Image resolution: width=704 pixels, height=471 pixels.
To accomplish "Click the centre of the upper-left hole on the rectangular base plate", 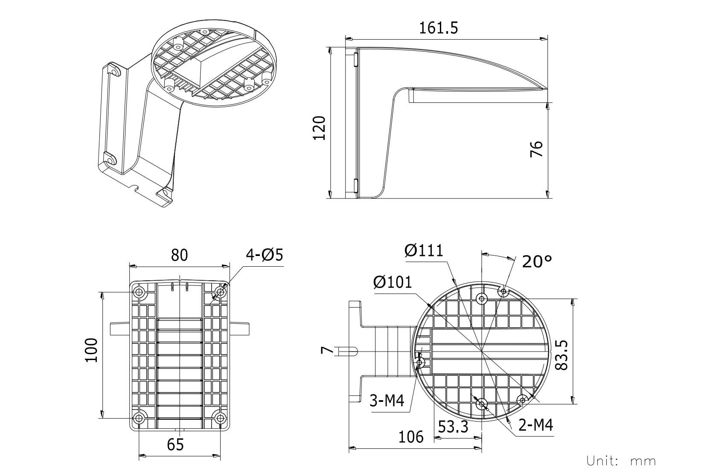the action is pyautogui.click(x=139, y=293).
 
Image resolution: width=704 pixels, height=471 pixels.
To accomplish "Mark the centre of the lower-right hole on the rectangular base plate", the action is pyautogui.click(x=220, y=418).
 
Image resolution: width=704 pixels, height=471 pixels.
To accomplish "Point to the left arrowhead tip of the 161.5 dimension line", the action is pyautogui.click(x=346, y=39).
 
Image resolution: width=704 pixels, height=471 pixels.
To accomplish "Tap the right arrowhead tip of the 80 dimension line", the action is pyautogui.click(x=230, y=267).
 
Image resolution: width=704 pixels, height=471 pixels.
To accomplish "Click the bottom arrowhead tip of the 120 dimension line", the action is pyautogui.click(x=330, y=198).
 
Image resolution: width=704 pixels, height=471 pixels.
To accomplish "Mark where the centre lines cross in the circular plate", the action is pyautogui.click(x=481, y=351).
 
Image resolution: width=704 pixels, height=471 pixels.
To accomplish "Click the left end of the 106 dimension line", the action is pyautogui.click(x=349, y=448).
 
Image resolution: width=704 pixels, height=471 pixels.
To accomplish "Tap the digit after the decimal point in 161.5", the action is pyautogui.click(x=454, y=28).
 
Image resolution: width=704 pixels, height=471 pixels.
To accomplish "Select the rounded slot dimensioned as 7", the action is pyautogui.click(x=348, y=351).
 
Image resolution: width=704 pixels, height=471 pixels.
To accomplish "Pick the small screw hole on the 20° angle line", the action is pyautogui.click(x=503, y=291).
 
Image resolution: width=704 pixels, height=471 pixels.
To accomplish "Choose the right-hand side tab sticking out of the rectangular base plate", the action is pyautogui.click(x=239, y=329).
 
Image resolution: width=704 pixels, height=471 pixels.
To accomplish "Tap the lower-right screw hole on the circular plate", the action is pyautogui.click(x=522, y=400).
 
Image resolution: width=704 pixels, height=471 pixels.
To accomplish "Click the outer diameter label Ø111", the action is pyautogui.click(x=424, y=250).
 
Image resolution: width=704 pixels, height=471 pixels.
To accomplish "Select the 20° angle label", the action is pyautogui.click(x=537, y=262).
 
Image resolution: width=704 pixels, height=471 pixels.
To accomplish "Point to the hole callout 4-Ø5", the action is pyautogui.click(x=264, y=255).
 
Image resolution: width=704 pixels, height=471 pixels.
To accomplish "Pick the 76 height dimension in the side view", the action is pyautogui.click(x=536, y=149).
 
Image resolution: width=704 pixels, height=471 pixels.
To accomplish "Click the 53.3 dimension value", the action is pyautogui.click(x=453, y=427).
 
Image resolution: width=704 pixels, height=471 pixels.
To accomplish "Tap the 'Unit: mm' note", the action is pyautogui.click(x=621, y=461).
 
